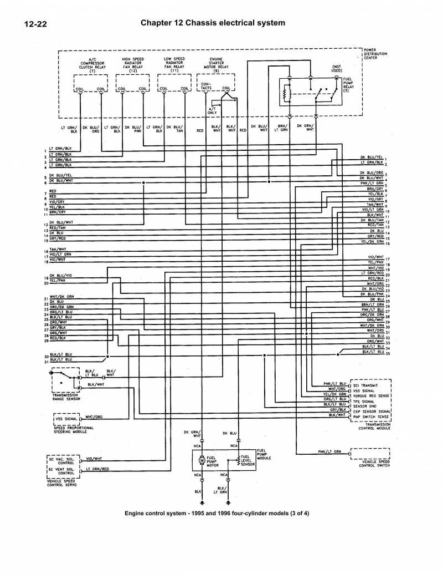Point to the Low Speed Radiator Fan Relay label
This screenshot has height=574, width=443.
[x=174, y=64]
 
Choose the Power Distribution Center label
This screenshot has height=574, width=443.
[x=375, y=54]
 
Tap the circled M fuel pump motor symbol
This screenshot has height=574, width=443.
[x=200, y=459]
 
